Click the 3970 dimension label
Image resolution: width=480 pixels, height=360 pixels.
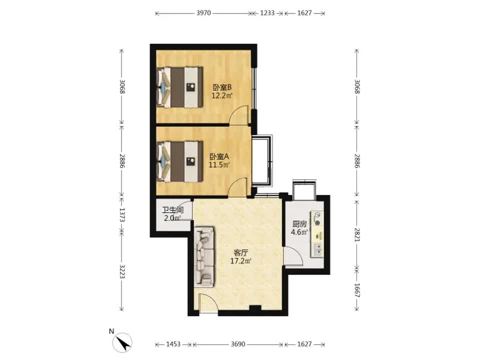[203, 13]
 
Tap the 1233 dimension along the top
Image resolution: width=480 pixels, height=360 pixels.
[267, 13]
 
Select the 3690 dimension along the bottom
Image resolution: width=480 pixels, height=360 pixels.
[238, 344]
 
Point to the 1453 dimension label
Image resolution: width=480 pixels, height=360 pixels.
[173, 344]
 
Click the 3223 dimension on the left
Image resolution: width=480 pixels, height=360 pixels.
[122, 271]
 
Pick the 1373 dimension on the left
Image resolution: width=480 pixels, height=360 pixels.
[122, 215]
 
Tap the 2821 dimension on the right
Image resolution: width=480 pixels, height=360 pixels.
[357, 234]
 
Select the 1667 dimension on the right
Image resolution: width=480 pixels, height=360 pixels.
[357, 290]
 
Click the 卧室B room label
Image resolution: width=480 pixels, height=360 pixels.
[222, 87]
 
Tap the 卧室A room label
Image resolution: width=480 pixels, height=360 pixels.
[219, 156]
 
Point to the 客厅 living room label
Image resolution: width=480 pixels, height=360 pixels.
[240, 253]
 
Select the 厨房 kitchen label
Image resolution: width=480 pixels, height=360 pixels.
[299, 224]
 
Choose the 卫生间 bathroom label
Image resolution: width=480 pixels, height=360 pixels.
[172, 210]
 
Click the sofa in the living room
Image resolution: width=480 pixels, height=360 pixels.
[204, 257]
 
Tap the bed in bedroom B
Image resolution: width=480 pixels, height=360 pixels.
[179, 87]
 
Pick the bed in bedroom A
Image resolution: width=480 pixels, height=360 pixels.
[179, 161]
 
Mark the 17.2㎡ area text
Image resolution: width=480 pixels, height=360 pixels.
[241, 261]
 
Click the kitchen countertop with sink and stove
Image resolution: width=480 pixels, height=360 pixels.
[317, 234]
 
